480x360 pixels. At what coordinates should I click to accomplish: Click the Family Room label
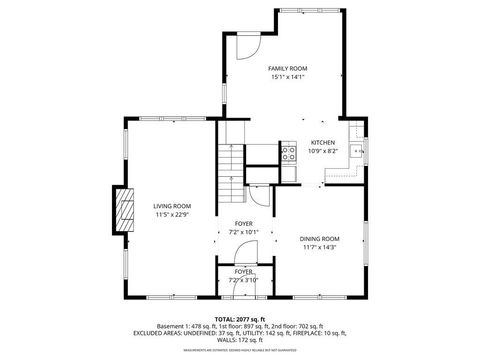[x=286, y=68]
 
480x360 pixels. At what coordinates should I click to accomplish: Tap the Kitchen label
[x=322, y=142]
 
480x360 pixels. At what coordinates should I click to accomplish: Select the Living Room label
[x=172, y=206]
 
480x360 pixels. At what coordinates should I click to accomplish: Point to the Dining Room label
[x=320, y=238]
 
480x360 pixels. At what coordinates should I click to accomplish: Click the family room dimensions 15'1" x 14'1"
[x=286, y=77]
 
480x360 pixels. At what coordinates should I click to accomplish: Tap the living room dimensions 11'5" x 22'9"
[x=172, y=215]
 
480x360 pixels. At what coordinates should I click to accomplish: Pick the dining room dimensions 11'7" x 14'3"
[x=320, y=247]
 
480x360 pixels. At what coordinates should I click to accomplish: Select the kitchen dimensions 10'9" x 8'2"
[x=322, y=151]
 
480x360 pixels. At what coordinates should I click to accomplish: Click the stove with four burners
[x=288, y=154]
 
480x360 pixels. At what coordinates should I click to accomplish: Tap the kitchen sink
[x=356, y=152]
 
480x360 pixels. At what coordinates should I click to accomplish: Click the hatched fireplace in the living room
[x=125, y=210]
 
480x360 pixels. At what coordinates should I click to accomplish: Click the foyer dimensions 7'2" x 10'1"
[x=244, y=232]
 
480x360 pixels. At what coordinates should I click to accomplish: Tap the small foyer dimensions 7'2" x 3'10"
[x=244, y=280]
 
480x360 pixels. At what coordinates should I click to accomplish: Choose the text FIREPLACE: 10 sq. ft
[x=370, y=333]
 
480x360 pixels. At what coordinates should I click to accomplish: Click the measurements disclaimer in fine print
[x=240, y=350]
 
